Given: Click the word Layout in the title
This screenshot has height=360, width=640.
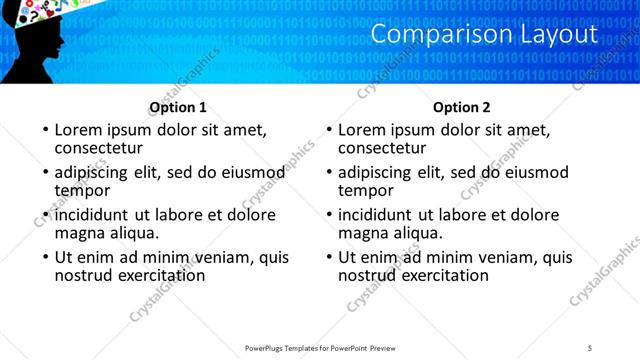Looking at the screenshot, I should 553,35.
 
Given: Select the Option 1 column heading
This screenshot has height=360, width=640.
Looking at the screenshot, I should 178,107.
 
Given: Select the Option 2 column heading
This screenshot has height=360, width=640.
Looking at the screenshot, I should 462,107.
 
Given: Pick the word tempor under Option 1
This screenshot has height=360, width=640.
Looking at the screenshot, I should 82,191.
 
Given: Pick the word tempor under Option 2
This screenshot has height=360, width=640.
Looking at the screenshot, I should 366,191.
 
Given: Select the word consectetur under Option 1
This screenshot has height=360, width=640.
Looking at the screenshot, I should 100,148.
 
